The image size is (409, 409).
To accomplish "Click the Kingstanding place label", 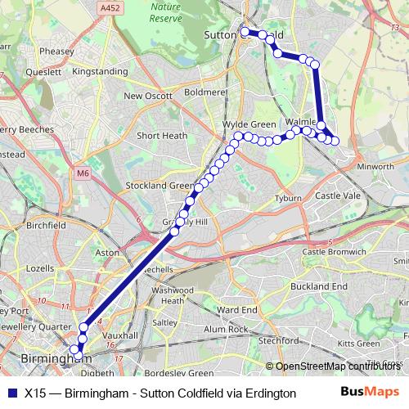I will coord(100,72).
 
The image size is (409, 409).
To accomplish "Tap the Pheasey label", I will coord(56,50).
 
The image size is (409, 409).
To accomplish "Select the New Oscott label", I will coord(148,96).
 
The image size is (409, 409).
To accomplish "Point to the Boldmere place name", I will coord(204,92).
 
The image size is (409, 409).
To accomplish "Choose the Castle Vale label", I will coord(338,196).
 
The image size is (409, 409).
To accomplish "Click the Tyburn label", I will coord(289,199).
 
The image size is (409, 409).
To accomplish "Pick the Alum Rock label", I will coord(226,329).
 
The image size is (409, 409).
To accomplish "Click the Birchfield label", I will coord(46,224).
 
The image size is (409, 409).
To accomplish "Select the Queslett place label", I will coord(43,72).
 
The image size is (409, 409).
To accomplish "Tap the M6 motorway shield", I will coord(83,173).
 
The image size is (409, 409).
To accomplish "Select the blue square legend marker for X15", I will coord(11,393).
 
